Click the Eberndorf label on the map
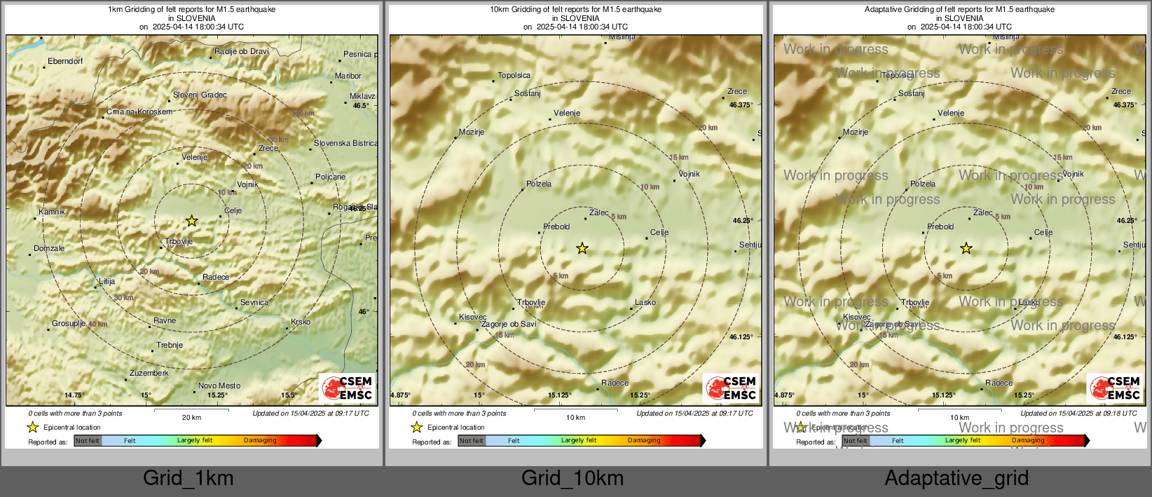point(65,62)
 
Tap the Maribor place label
point(348,76)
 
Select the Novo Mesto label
point(219,386)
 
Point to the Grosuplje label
point(69,323)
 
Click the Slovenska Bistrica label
point(345,143)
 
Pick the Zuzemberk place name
point(149,373)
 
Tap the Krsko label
point(301,322)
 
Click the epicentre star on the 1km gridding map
point(191,221)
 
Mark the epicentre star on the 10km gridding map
point(582,248)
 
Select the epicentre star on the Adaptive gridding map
point(966,248)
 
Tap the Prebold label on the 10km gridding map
point(556,226)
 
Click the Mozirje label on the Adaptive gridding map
point(856,132)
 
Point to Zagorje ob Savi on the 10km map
point(509,324)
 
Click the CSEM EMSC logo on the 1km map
point(348,388)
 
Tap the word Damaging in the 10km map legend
point(644,440)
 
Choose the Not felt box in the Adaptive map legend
point(855,440)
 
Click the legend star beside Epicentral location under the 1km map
point(32,427)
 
